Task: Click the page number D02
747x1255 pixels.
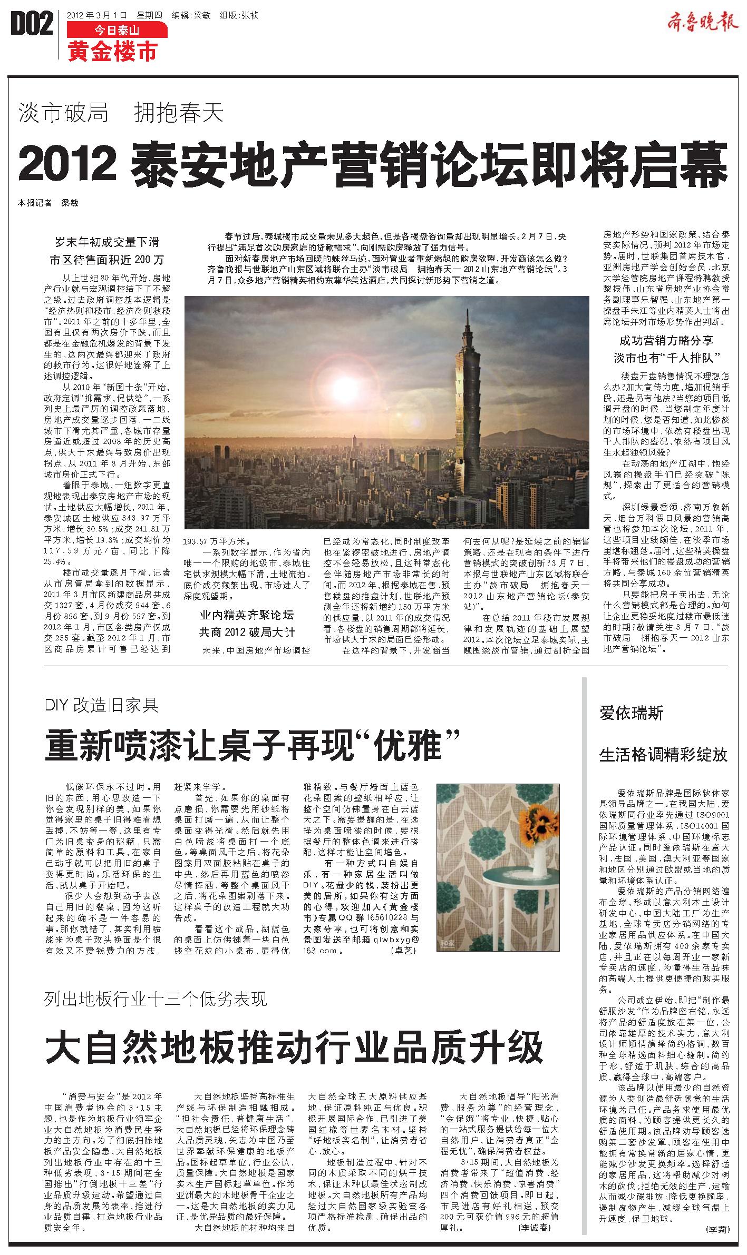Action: point(32,25)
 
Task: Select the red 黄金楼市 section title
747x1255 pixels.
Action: point(112,52)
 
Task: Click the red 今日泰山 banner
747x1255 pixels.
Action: point(117,31)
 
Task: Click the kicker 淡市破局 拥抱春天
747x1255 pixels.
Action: point(121,113)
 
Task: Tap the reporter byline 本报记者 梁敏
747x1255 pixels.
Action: point(48,202)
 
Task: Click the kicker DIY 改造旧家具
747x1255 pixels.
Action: point(102,705)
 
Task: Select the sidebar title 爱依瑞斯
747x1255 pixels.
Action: point(632,714)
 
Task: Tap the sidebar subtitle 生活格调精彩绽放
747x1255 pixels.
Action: point(663,755)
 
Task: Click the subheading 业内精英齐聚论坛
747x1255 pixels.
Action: point(246,615)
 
